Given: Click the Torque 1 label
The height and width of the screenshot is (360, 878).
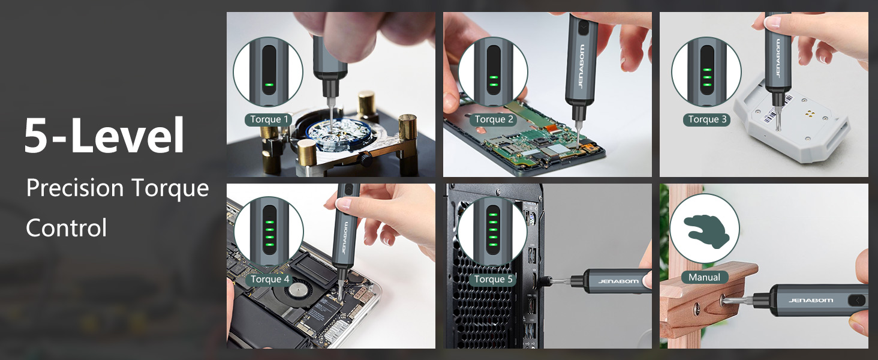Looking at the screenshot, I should pos(269,119).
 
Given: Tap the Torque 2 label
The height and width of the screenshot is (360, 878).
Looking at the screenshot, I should pos(494,119).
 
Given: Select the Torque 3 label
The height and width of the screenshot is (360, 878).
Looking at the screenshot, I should pos(707,119).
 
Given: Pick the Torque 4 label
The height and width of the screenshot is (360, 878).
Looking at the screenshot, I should pos(270,279).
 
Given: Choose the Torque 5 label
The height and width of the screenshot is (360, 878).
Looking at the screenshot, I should pos(494,279).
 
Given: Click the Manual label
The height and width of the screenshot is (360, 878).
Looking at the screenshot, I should pos(704,277).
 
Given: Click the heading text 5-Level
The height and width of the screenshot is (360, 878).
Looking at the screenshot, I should pos(104,136).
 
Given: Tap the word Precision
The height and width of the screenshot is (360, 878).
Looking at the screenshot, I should pos(75,188).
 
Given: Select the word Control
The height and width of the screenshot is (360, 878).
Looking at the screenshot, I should pos(67,228).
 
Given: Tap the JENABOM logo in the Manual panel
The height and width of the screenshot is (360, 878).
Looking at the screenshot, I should pos(811,300).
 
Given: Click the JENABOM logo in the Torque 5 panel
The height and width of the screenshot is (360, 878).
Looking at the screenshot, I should pos(618,281).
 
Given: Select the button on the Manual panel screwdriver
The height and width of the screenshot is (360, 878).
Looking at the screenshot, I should pos(856,300).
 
